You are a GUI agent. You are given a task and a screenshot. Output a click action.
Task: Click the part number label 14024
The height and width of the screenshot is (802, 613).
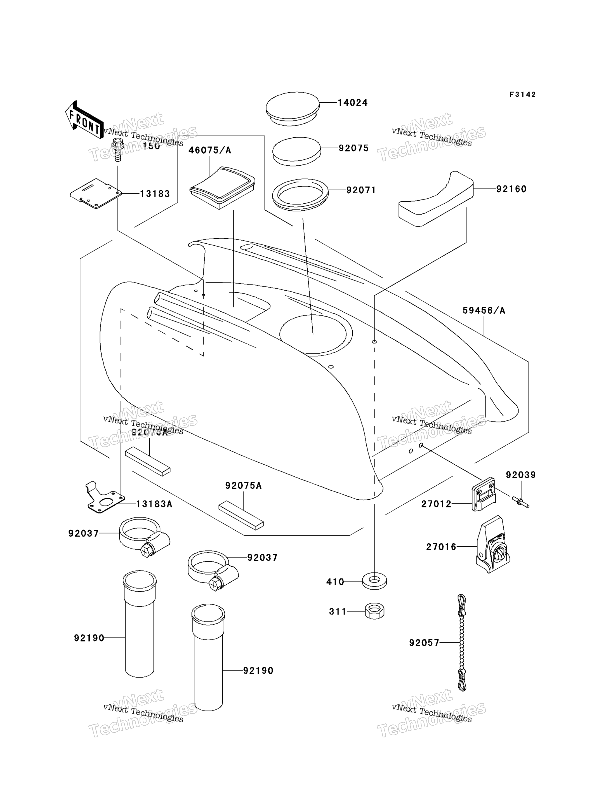click(352, 103)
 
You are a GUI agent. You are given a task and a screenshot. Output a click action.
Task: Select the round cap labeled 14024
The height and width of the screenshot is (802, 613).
click(292, 109)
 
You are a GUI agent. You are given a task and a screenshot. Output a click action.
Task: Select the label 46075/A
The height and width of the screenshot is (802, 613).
click(210, 150)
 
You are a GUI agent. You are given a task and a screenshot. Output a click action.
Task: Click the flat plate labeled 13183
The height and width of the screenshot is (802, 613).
click(96, 194)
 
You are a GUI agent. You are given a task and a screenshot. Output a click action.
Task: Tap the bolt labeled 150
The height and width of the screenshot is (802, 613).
click(117, 150)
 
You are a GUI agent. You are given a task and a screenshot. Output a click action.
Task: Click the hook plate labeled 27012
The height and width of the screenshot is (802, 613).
click(484, 495)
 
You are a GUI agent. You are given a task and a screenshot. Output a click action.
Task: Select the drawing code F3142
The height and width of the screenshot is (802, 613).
click(522, 95)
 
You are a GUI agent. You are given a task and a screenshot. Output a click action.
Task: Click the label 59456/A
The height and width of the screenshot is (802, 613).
click(484, 311)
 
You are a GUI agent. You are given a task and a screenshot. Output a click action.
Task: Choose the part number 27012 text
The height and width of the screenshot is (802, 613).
click(436, 504)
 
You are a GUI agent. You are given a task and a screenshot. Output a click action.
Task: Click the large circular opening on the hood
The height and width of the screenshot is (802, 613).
click(316, 335)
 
